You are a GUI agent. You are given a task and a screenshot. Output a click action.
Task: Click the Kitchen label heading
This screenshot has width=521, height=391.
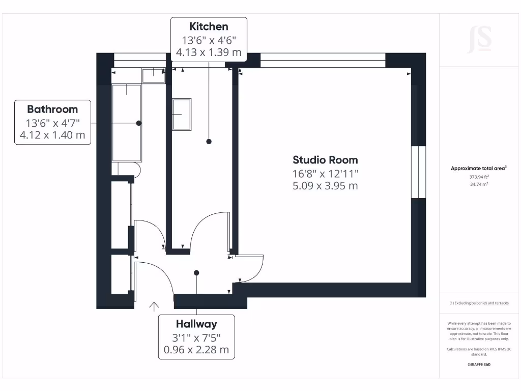point(209,26)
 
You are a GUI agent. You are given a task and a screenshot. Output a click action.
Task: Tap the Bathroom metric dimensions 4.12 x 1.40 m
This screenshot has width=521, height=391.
point(52,135)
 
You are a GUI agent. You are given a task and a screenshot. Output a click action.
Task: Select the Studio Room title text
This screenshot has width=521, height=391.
point(325,160)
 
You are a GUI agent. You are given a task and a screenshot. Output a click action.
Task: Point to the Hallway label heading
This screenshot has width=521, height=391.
point(196,324)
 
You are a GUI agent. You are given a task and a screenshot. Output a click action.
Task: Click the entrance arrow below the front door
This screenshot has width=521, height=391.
point(154,305)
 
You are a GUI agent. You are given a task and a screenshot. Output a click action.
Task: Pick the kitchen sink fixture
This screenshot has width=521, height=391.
point(182,115)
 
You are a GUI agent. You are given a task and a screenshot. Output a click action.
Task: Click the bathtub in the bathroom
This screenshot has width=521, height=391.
point(127,123)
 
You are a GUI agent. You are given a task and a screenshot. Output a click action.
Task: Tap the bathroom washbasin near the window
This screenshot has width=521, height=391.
point(153,75)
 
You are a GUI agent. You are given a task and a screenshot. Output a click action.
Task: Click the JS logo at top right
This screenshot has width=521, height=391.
point(479,39)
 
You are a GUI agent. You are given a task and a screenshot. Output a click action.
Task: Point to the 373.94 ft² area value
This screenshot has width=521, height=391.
point(479,177)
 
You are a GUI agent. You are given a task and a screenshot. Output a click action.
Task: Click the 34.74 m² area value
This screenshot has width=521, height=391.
point(479,184)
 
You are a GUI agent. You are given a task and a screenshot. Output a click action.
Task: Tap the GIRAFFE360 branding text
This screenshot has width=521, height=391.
point(479,365)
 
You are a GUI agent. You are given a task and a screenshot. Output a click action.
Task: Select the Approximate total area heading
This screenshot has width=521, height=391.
point(479,169)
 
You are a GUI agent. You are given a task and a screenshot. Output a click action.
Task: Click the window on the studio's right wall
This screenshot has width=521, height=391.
point(418,172)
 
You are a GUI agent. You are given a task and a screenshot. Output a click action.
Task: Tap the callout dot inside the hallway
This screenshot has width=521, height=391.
point(196,273)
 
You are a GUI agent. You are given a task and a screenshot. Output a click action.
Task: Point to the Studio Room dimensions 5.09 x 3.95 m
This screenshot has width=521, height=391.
point(325,186)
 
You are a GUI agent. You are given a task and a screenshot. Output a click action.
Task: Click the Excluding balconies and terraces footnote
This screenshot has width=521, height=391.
point(479,303)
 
